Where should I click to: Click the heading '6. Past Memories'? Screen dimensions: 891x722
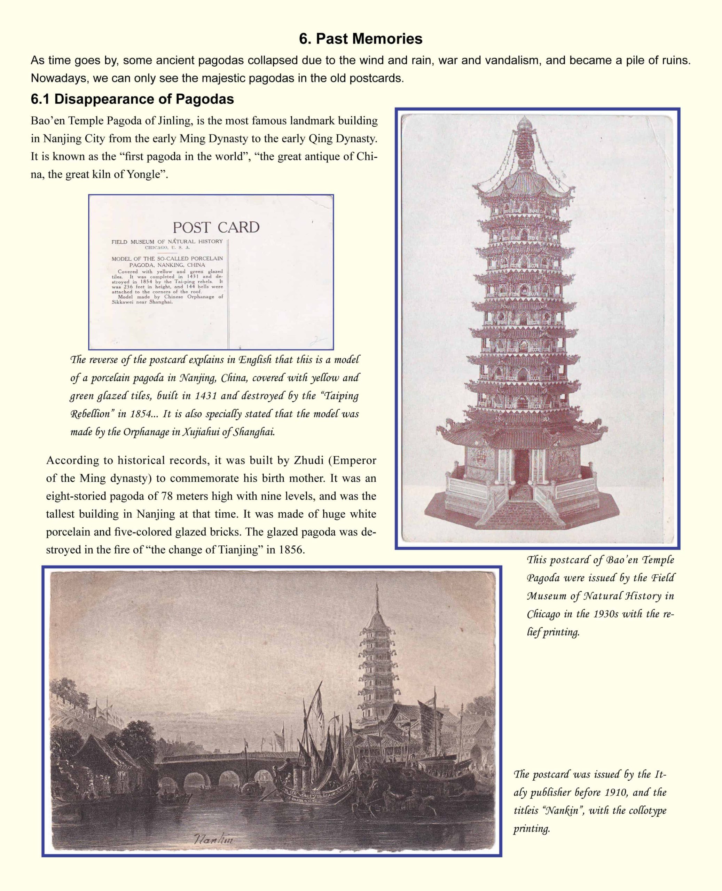coord(361,39)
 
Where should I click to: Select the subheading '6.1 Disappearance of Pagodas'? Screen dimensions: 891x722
coord(132,99)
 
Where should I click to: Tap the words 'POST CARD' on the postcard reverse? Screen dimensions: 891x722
coord(216,227)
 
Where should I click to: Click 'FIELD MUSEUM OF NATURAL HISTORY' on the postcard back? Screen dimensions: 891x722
coord(167,242)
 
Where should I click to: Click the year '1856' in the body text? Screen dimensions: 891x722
coord(290,550)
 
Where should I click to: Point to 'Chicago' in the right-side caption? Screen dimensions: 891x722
coord(543,614)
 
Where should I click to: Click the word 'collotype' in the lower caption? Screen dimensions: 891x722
coord(646,810)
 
